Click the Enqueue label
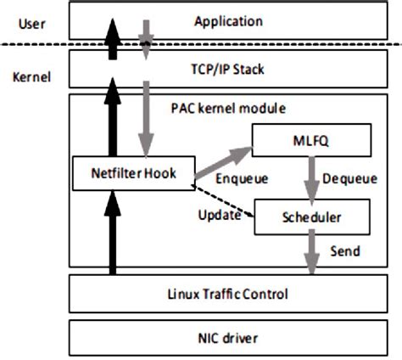pyautogui.click(x=243, y=179)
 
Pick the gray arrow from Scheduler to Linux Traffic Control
pyautogui.click(x=311, y=255)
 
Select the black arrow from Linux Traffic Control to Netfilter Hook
pyautogui.click(x=110, y=233)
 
